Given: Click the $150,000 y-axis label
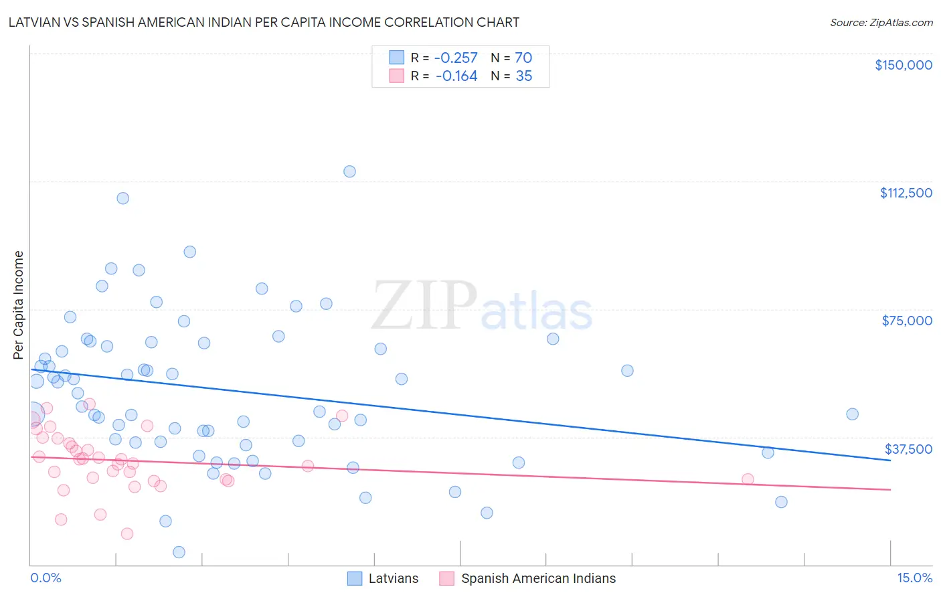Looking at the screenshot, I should click(903, 65).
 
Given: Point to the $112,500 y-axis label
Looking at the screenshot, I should click(906, 193).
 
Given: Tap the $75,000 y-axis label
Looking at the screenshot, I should click(907, 321).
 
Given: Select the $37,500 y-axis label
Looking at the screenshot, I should click(908, 449).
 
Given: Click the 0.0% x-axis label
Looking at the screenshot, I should click(46, 578).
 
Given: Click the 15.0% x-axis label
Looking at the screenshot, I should click(914, 578).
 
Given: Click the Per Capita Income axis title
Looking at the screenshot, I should click(19, 305).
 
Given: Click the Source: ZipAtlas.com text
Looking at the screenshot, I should click(881, 22).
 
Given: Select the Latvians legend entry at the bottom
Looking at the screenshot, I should click(393, 578).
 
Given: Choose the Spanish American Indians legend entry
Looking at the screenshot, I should click(538, 578).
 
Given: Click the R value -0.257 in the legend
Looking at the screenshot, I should click(456, 58).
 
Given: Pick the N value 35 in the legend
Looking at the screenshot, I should click(524, 76).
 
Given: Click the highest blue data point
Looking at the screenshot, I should click(349, 171).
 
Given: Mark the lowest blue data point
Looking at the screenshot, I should click(179, 552).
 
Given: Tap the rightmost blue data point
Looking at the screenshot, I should click(852, 414).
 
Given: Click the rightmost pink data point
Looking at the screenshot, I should click(748, 479).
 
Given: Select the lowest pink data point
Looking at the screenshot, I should click(127, 533).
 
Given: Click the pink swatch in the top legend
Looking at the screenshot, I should click(397, 76).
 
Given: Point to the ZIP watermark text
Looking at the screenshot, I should click(424, 307).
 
